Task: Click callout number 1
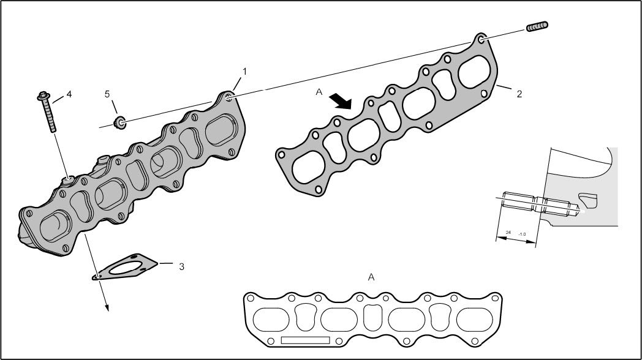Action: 245,72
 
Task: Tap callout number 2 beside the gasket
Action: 519,94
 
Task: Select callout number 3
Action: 181,267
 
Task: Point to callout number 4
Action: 69,94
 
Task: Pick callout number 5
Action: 107,94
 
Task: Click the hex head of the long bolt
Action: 43,96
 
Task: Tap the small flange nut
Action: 119,122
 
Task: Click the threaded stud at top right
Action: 537,26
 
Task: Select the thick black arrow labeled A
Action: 341,101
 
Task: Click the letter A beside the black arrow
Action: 319,92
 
